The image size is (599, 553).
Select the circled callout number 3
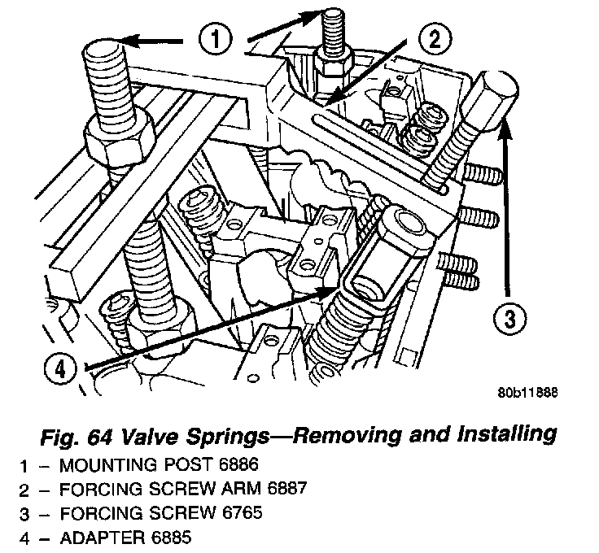click(x=507, y=319)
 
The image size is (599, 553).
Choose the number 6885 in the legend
click(x=172, y=538)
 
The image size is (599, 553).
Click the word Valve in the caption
click(x=145, y=434)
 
